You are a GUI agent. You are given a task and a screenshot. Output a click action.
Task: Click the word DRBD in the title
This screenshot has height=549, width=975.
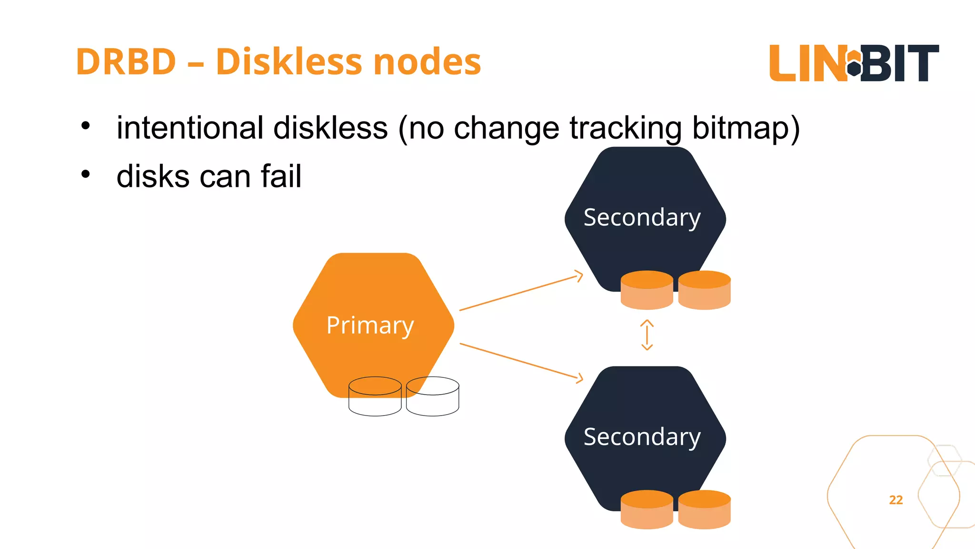(126, 62)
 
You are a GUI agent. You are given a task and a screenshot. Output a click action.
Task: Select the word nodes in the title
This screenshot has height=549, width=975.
(427, 62)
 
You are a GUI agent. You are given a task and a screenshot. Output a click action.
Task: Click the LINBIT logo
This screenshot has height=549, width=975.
(854, 63)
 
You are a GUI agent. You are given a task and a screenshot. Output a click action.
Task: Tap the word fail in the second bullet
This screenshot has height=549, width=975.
(281, 176)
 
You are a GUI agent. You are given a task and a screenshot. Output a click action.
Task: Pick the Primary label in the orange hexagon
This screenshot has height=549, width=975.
(370, 326)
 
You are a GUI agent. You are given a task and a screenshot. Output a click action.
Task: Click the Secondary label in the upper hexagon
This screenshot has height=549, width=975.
(642, 218)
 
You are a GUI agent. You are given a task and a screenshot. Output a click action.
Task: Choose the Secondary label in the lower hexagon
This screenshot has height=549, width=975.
(642, 437)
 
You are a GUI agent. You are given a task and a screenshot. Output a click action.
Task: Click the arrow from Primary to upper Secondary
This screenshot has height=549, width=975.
(521, 293)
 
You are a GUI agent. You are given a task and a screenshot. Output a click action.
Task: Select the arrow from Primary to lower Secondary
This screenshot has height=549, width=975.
(521, 361)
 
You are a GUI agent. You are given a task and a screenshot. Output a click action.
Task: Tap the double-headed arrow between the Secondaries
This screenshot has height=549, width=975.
(647, 335)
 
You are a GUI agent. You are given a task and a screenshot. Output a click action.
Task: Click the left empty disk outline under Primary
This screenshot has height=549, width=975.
(375, 396)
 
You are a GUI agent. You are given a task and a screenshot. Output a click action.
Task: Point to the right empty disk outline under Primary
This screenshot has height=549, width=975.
(433, 396)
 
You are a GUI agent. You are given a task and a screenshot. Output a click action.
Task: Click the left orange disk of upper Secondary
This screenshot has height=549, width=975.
(647, 290)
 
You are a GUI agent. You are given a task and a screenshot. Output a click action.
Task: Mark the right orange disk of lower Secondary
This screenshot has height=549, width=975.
(704, 509)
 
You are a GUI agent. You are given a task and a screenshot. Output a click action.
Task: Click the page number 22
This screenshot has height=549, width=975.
(895, 500)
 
